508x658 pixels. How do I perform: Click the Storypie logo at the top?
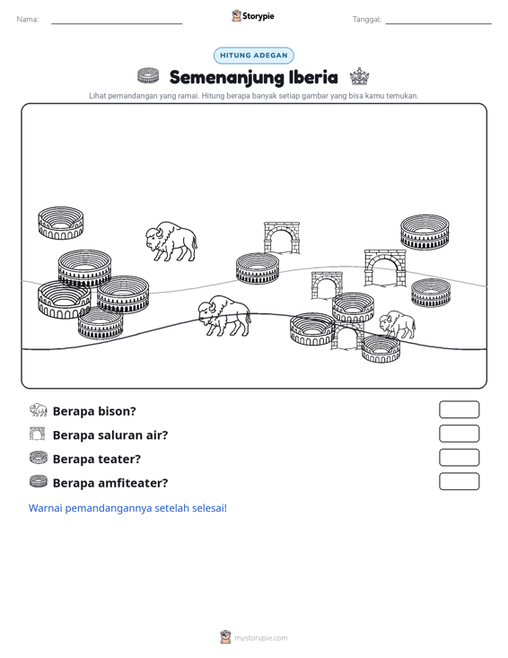(x=253, y=16)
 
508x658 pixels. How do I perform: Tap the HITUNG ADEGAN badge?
(x=254, y=56)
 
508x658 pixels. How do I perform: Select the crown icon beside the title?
(x=360, y=76)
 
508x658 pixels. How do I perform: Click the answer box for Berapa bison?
(x=459, y=409)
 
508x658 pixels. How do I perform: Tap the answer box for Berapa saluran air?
(x=459, y=434)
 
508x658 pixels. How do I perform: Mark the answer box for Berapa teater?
(x=459, y=458)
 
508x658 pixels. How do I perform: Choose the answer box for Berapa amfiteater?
(x=459, y=481)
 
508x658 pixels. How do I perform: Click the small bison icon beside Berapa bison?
(x=39, y=410)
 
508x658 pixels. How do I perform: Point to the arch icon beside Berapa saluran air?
(x=38, y=434)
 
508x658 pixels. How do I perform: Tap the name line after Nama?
(x=117, y=23)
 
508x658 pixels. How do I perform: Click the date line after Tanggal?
(x=438, y=23)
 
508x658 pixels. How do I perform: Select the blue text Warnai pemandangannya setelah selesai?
(x=127, y=508)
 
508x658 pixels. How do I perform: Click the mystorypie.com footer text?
(x=261, y=638)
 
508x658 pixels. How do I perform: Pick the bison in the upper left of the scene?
(x=171, y=241)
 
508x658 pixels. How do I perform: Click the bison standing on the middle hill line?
(x=224, y=316)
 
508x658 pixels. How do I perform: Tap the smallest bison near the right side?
(x=398, y=324)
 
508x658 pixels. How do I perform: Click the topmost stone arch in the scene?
(x=282, y=238)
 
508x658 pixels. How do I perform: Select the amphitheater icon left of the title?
(x=148, y=75)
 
